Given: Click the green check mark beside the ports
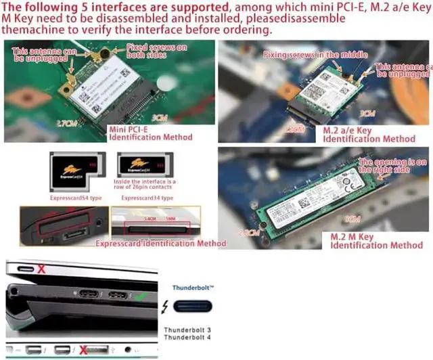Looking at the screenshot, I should pos(139,296).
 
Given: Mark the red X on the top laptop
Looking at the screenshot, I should pos(41,269).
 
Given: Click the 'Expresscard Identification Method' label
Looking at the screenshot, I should pos(160,243).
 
